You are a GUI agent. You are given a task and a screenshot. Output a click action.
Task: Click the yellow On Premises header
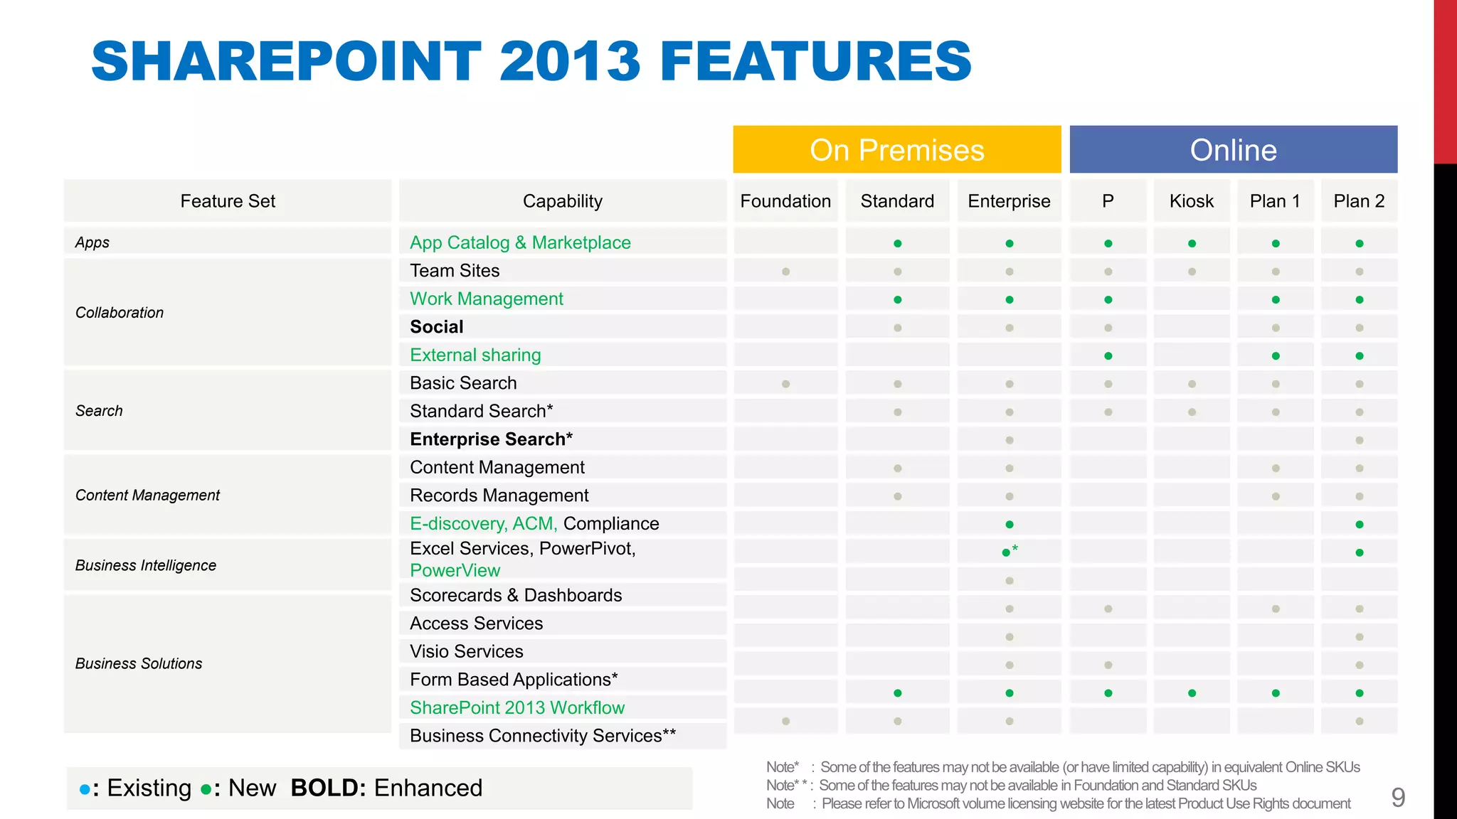point(896,150)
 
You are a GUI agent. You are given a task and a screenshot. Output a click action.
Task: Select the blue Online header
point(1233,150)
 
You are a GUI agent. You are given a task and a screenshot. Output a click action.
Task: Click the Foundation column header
point(785,201)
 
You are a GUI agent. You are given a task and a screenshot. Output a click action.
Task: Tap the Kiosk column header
point(1191,201)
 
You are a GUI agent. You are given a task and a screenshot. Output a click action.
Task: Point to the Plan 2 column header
point(1359,201)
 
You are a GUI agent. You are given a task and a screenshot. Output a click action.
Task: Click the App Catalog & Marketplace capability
point(520,242)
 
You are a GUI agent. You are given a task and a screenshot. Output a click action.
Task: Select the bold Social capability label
point(437,327)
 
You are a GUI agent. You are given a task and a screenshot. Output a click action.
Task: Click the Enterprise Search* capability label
point(491,439)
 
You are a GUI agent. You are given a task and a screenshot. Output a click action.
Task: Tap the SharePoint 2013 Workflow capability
point(517,707)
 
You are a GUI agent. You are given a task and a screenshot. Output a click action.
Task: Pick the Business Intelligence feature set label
point(146,565)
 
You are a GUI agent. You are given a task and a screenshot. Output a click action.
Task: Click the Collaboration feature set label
point(120,313)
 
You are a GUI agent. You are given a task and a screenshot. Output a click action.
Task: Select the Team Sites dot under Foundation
point(785,272)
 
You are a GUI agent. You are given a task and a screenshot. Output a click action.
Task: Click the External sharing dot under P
point(1108,355)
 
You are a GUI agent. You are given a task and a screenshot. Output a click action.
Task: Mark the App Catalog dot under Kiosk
point(1192,244)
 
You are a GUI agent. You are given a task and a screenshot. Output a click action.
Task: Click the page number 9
point(1398,798)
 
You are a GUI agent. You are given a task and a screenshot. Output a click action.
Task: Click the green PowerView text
point(455,570)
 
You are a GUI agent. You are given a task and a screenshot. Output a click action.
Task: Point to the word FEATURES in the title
point(815,61)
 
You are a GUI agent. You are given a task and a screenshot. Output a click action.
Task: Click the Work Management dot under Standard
point(897,300)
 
